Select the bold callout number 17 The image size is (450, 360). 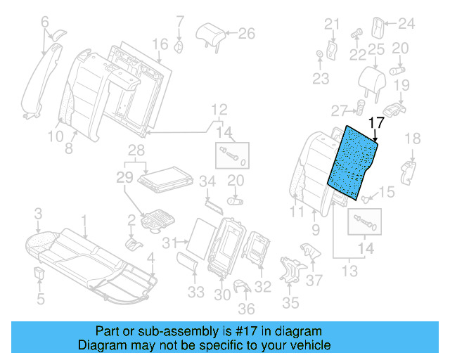pyautogui.click(x=375, y=121)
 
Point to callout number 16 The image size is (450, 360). pyautogui.click(x=161, y=44)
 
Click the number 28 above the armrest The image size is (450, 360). pyautogui.click(x=135, y=150)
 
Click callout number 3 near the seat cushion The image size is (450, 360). pyautogui.click(x=39, y=213)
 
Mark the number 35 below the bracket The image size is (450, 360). pyautogui.click(x=290, y=304)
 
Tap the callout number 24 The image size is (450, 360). pyautogui.click(x=408, y=24)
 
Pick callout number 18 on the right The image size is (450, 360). pyautogui.click(x=412, y=138)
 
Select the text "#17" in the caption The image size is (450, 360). pyautogui.click(x=241, y=331)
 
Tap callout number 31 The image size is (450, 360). pyautogui.click(x=167, y=243)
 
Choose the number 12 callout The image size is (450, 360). pyautogui.click(x=220, y=109)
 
